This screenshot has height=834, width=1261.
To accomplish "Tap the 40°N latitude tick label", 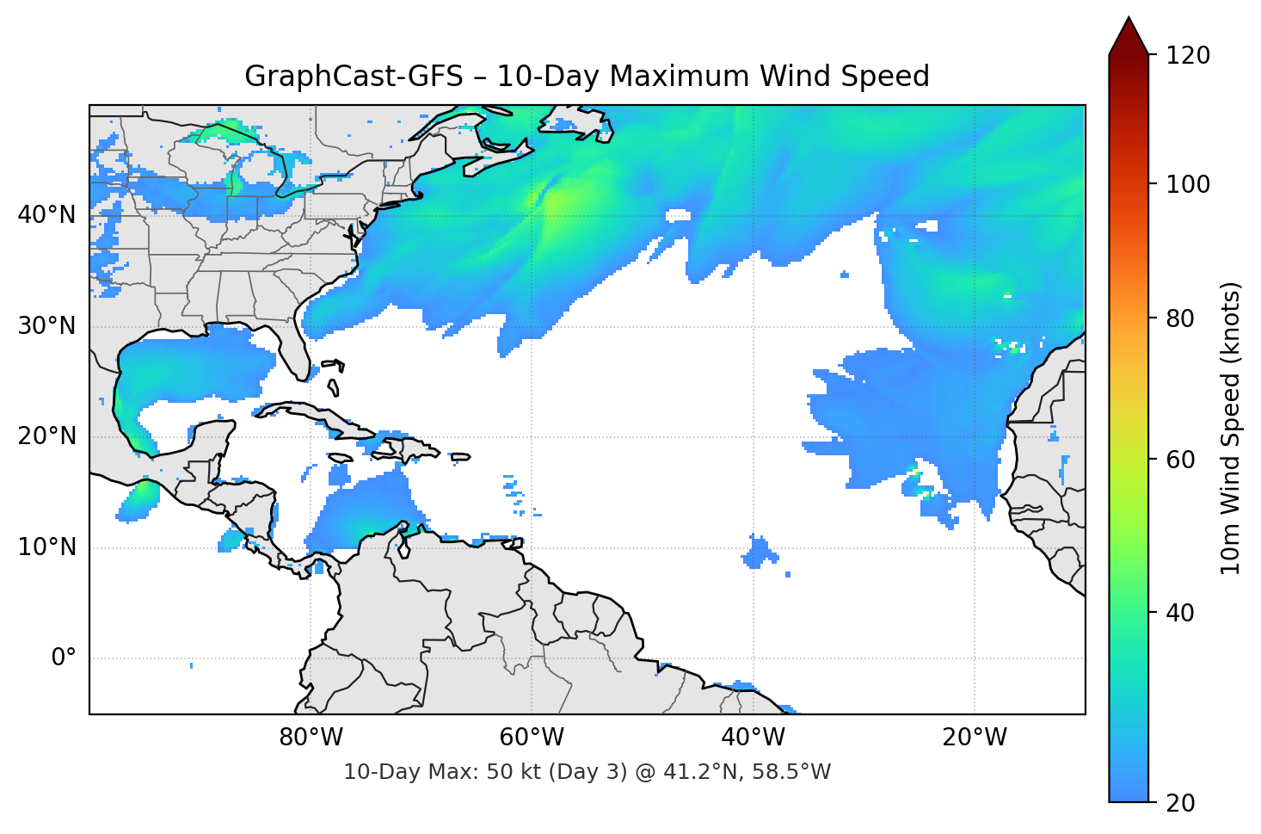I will click(46, 214).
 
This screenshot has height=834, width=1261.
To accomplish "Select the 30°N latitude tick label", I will click(46, 326).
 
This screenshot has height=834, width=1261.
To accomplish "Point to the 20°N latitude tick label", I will click(46, 436).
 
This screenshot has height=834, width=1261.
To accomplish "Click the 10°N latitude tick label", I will click(46, 547).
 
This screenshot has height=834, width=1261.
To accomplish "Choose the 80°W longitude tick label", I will click(311, 738).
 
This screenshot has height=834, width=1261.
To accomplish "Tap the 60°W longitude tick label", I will click(532, 738).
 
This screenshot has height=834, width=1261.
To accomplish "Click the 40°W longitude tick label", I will click(754, 738).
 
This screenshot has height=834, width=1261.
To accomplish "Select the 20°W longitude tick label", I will click(975, 738).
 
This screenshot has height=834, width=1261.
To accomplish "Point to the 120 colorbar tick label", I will click(1188, 56).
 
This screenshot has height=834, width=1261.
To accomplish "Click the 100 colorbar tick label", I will click(1188, 184).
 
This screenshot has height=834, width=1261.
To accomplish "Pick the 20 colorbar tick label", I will click(1180, 803).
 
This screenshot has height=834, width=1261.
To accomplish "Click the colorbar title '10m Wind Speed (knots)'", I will click(1231, 428).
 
